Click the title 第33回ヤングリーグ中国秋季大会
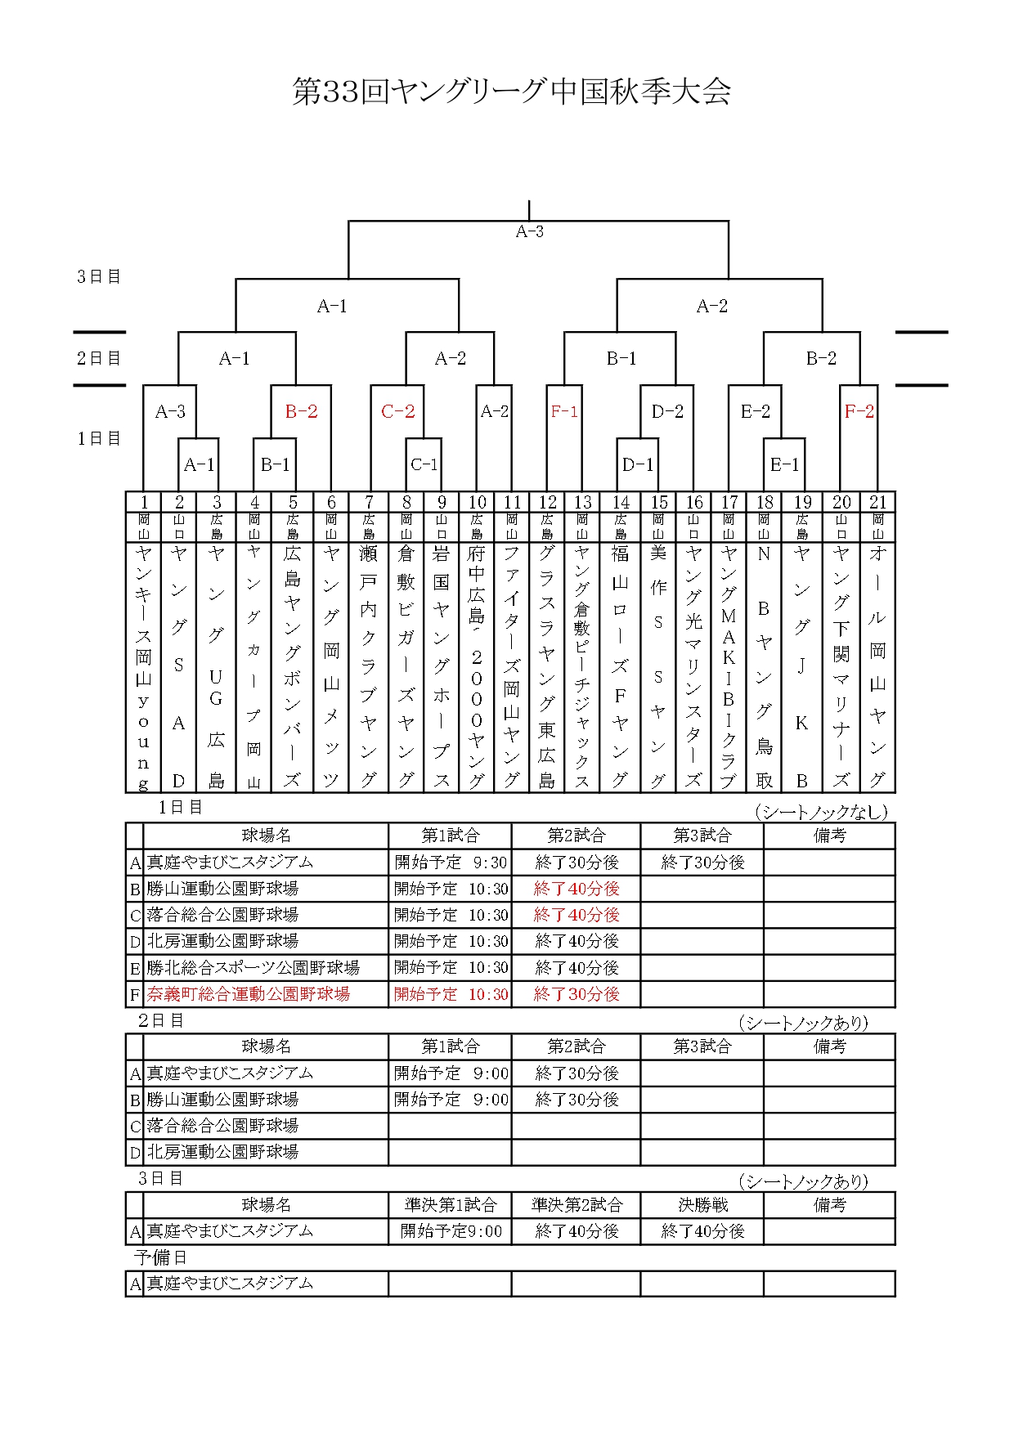tap(511, 92)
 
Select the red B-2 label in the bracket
tap(301, 411)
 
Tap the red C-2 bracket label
tap(397, 411)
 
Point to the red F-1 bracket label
tap(564, 411)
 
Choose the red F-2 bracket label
tap(859, 411)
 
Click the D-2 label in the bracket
tap(667, 411)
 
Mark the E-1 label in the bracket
tap(784, 464)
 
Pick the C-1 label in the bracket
tap(424, 464)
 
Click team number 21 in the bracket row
tap(877, 502)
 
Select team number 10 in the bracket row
tap(477, 502)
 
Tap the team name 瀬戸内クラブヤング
tap(368, 665)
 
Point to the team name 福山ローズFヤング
tap(620, 665)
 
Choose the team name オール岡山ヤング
tap(877, 665)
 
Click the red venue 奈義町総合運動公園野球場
tap(249, 994)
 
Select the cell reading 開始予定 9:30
tap(451, 863)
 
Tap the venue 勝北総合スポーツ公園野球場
tap(253, 968)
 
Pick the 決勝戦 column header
tap(702, 1205)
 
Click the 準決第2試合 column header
tap(577, 1205)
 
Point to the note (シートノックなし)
tap(820, 812)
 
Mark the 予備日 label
tap(161, 1257)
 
